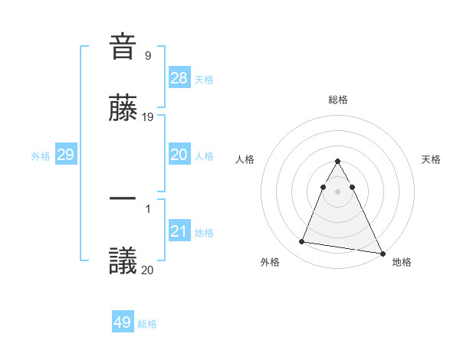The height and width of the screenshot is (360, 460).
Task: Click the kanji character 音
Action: pos(123,46)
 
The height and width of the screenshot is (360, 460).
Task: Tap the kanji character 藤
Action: pos(123,108)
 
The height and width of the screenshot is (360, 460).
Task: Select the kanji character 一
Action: pos(123,199)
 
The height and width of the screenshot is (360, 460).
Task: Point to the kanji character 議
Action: pos(123,260)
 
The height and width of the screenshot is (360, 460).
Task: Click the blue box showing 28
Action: pos(179,78)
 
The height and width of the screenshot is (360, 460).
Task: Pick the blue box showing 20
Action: pos(179,155)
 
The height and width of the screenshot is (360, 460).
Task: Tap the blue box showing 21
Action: pos(179,232)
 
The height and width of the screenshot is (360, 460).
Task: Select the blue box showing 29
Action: pos(65,155)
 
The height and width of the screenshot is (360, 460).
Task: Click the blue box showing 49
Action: pos(123,322)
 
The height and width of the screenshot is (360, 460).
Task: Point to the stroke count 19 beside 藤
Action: pos(149,117)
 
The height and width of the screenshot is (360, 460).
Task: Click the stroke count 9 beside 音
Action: pos(147,55)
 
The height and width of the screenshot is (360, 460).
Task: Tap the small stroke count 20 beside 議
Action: pos(149,270)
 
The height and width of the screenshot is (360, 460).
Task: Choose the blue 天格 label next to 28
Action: pos(204,80)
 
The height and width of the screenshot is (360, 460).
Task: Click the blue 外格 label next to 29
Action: pos(41,156)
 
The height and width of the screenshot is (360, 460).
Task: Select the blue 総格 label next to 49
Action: pos(147,324)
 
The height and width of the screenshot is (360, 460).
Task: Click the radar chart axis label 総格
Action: pos(338,100)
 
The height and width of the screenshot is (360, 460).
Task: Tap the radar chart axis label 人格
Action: pos(245,159)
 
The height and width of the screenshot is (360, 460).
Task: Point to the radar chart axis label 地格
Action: pos(402,262)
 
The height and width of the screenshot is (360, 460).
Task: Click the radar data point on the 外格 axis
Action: pos(301,242)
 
